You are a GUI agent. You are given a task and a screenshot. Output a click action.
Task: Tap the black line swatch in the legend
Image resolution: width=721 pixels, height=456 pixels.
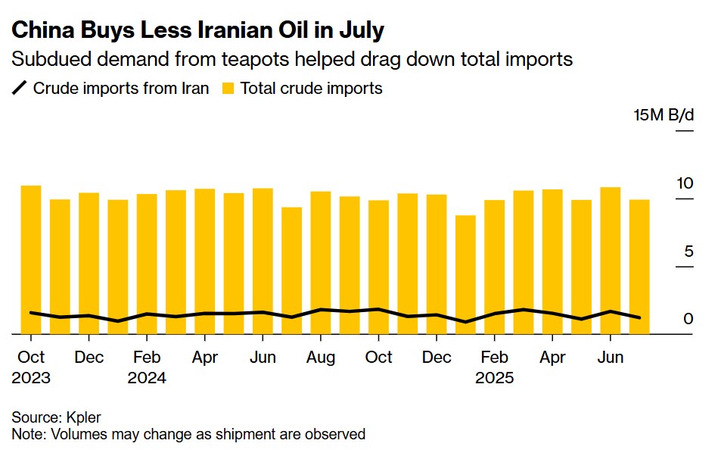[x=20, y=89]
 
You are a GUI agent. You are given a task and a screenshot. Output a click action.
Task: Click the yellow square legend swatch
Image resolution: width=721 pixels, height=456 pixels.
[x=228, y=89]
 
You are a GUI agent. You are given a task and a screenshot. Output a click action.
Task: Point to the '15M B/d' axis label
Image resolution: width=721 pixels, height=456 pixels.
[x=663, y=116]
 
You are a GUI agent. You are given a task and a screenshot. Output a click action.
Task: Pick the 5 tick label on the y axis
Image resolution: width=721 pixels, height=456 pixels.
[x=688, y=251]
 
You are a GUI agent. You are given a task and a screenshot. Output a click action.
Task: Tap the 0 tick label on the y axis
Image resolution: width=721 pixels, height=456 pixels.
[x=688, y=319]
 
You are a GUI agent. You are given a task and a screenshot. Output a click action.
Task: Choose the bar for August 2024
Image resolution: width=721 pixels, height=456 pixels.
[x=321, y=262]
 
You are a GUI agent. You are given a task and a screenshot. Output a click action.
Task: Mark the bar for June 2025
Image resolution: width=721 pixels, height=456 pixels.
[x=610, y=260]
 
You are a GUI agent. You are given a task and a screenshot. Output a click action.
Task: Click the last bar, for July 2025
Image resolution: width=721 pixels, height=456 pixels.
[x=639, y=266]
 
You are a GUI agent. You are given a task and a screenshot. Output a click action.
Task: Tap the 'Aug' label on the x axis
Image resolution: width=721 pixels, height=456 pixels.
[x=321, y=358]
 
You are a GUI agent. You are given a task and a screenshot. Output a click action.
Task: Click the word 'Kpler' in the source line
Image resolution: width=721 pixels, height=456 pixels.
[x=82, y=417]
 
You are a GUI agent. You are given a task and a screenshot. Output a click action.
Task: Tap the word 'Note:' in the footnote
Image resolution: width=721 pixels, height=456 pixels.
[x=30, y=434]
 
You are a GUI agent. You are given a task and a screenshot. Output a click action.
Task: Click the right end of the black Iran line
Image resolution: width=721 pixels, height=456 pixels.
[x=640, y=317]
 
